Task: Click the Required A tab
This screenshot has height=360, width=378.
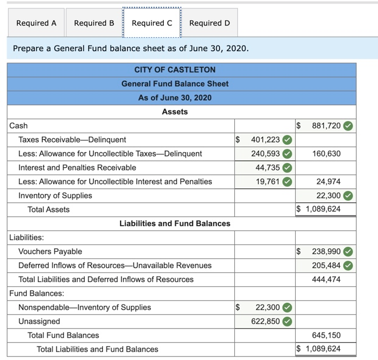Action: (36, 23)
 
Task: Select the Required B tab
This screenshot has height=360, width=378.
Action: (94, 23)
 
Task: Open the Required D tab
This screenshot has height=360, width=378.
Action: (209, 23)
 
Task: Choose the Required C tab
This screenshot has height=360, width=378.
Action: (152, 23)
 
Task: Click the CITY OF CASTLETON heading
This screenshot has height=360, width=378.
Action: (175, 70)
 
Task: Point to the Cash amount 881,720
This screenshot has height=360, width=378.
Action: (326, 126)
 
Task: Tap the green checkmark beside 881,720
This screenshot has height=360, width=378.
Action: (348, 126)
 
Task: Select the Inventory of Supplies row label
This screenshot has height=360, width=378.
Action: (55, 196)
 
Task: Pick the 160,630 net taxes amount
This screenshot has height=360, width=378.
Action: (326, 154)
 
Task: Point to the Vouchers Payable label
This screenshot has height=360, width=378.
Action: (50, 252)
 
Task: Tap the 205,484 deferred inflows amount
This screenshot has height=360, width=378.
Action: (326, 266)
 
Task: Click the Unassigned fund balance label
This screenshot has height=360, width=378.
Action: (39, 322)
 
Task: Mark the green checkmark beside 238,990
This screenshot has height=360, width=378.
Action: (348, 252)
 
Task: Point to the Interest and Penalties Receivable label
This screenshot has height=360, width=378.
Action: (77, 168)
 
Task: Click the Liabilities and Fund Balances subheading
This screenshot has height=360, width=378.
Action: (175, 224)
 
